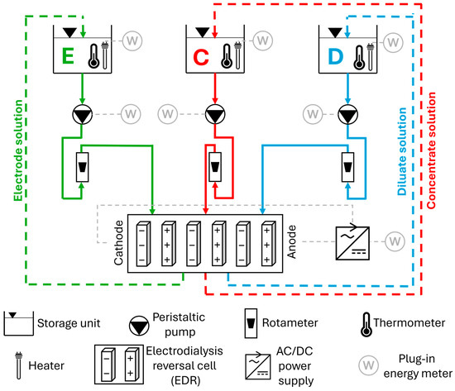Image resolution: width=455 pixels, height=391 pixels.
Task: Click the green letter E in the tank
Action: click(68, 56)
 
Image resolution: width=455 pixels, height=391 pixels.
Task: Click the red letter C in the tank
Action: click(201, 57)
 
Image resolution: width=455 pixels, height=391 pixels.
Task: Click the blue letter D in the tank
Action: click(335, 56)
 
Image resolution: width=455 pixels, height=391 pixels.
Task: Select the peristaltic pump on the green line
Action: click(83, 114)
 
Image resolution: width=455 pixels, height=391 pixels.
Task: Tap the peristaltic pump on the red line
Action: click(215, 114)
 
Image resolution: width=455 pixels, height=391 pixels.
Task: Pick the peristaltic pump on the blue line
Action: click(347, 114)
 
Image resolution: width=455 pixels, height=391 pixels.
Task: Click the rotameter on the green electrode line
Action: click(83, 167)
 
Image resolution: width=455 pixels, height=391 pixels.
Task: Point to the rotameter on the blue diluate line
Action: click(347, 167)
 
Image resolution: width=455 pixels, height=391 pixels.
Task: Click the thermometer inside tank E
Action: click(93, 56)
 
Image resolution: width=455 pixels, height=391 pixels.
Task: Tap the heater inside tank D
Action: click(371, 56)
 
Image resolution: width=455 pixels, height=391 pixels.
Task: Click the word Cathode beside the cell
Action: click(118, 243)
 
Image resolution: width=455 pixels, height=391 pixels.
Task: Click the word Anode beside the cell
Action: click(292, 241)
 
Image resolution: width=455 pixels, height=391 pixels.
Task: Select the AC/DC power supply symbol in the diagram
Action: click(352, 243)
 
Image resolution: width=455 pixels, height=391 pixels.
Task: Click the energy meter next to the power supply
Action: click(395, 241)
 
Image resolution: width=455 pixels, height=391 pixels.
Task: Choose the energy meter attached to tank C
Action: click(263, 41)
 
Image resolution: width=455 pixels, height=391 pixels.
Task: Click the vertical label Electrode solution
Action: click(18, 150)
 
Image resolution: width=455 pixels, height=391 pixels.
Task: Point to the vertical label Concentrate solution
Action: click(431, 150)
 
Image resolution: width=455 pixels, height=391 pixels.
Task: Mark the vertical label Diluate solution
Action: click(402, 151)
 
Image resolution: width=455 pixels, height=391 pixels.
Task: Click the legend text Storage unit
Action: click(69, 323)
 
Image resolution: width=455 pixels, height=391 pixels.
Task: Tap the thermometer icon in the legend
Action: click(366, 324)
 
